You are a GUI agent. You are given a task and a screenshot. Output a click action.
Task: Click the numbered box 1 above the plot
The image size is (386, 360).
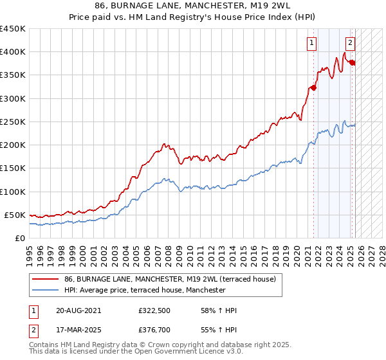coord(311,44)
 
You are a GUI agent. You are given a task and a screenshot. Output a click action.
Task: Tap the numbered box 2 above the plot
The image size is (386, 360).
coord(350,44)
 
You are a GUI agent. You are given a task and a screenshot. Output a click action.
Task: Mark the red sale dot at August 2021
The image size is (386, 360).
coord(313,88)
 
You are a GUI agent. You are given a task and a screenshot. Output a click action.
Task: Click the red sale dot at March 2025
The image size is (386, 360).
coord(352,62)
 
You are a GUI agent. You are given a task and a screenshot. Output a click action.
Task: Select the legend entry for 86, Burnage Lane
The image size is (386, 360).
coord(170,279)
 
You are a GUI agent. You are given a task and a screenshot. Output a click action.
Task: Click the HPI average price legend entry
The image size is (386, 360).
coord(145,290)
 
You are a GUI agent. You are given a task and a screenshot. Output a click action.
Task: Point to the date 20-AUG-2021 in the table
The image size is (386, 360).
coord(78,310)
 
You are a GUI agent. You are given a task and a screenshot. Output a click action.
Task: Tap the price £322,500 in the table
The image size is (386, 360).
coord(154,310)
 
